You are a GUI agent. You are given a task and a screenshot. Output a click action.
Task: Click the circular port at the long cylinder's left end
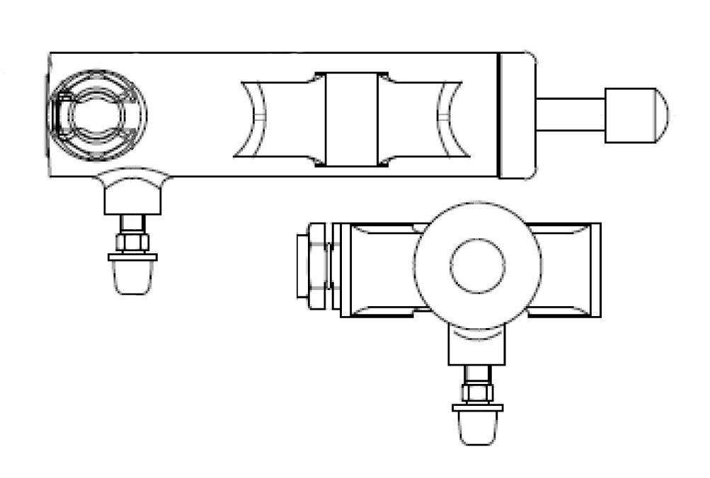[99, 114]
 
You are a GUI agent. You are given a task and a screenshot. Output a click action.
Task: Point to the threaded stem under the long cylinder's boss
[133, 224]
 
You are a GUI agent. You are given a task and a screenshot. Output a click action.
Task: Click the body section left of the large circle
[379, 269]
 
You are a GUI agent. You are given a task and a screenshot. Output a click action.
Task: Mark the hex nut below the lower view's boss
[478, 392]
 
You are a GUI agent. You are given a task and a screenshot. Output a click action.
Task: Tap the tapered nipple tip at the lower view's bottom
[478, 429]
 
